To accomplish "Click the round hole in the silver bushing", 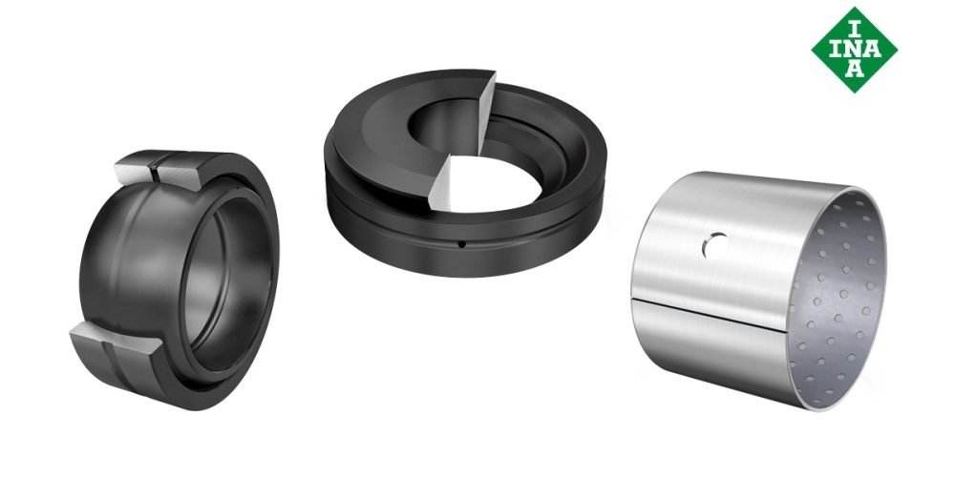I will coord(712,246).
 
